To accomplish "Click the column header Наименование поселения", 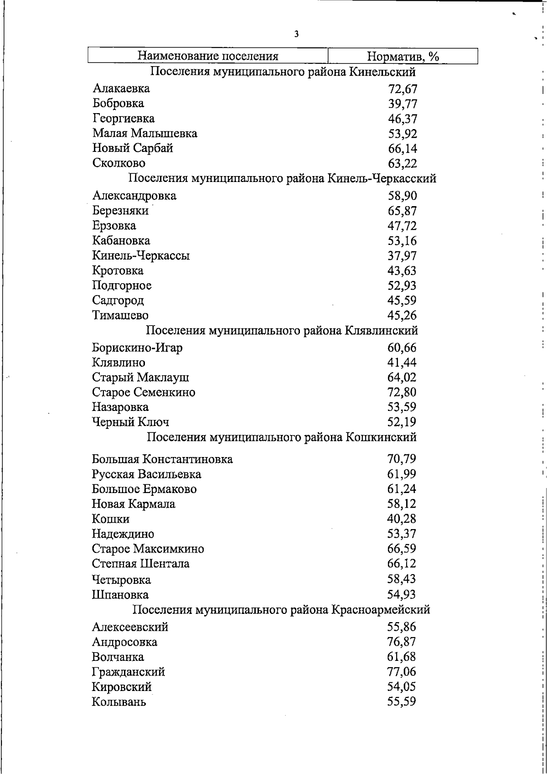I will (x=208, y=56).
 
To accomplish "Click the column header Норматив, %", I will (x=403, y=56).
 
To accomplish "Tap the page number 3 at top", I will (x=297, y=34).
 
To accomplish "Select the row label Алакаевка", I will (x=121, y=88).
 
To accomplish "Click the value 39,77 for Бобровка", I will (x=403, y=104).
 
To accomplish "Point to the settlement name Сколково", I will (x=119, y=163).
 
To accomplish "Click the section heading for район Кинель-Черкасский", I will (x=283, y=178).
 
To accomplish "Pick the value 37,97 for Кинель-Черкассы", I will (x=402, y=256).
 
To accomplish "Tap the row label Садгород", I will (x=118, y=300).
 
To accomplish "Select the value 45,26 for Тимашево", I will (x=402, y=316).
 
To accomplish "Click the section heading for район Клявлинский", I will (x=282, y=330).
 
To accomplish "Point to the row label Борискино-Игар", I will (x=137, y=348).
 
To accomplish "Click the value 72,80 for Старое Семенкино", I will (x=402, y=392).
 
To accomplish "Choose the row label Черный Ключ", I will (x=130, y=422).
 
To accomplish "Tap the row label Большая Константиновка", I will (x=162, y=459).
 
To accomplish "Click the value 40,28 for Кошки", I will (x=402, y=519).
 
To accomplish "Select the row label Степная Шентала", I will (x=140, y=564).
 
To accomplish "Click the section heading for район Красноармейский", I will (x=281, y=610).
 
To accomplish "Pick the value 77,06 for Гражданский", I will (x=402, y=672).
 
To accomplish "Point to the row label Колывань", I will (x=119, y=701).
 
